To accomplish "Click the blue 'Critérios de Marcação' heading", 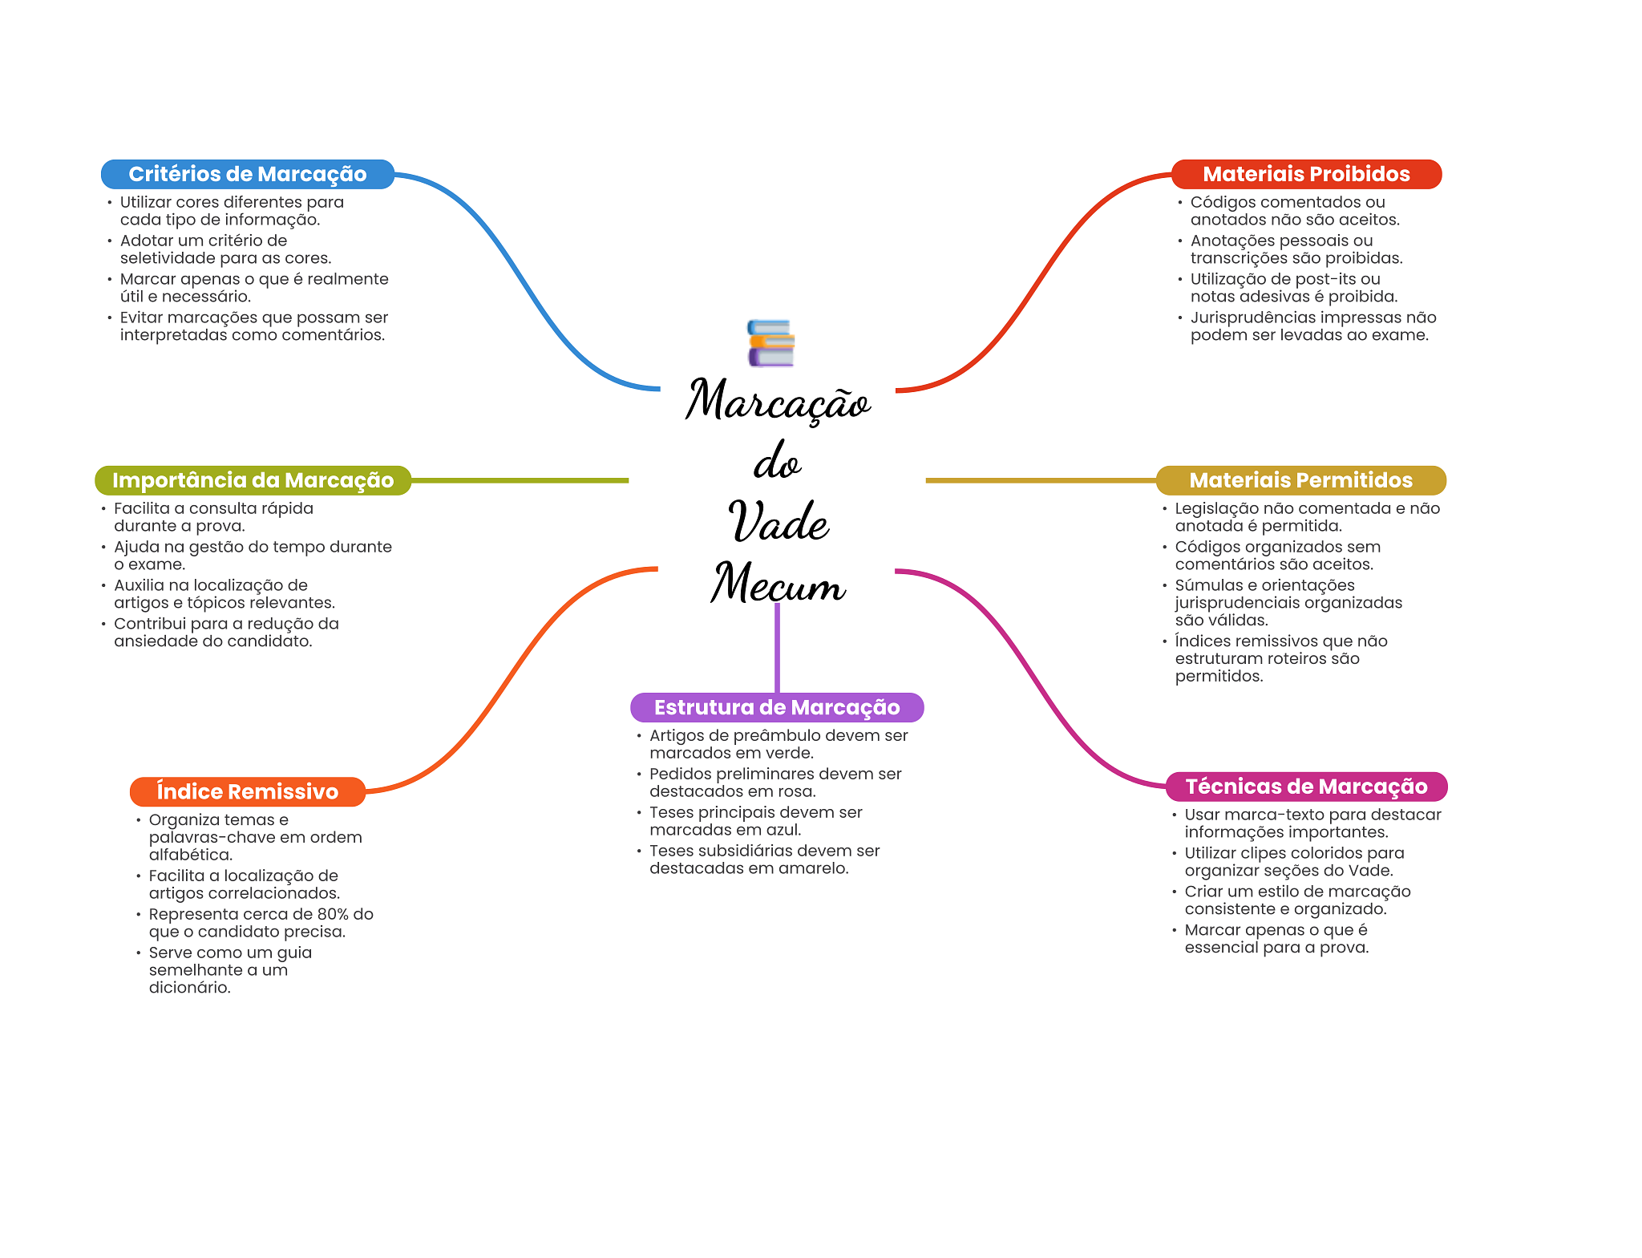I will [x=247, y=174].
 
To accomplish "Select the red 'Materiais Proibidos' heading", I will [x=1305, y=174].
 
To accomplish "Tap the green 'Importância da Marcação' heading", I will [x=253, y=480].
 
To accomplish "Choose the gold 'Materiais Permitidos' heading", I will [x=1300, y=480].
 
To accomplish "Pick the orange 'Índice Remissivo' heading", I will [x=247, y=791].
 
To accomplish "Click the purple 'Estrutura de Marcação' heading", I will [x=776, y=707].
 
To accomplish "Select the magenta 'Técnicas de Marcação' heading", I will [x=1305, y=787].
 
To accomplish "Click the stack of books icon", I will [x=770, y=343].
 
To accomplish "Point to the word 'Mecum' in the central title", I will [x=778, y=583].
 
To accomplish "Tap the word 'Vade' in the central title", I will [x=778, y=522].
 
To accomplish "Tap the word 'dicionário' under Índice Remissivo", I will [x=189, y=988].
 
